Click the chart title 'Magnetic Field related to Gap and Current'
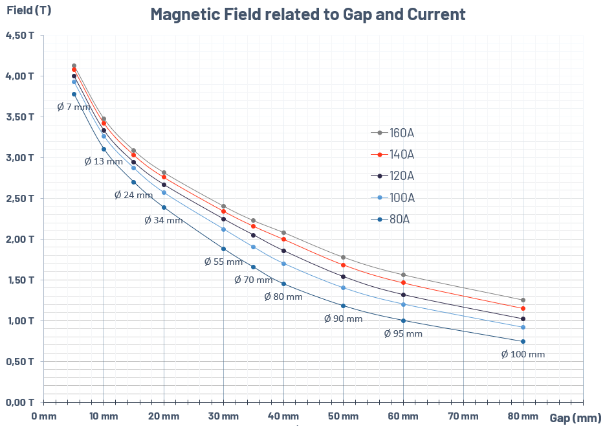point(307,14)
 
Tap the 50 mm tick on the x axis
point(343,415)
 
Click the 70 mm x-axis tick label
point(463,415)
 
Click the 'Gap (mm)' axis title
point(575,418)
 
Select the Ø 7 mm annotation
point(74,107)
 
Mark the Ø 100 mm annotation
point(523,354)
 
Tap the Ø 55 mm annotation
point(223,262)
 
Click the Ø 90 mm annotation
point(343,319)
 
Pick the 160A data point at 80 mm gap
point(523,300)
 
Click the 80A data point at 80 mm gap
point(523,341)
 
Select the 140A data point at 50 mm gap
point(343,265)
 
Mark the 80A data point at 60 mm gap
point(403,320)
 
